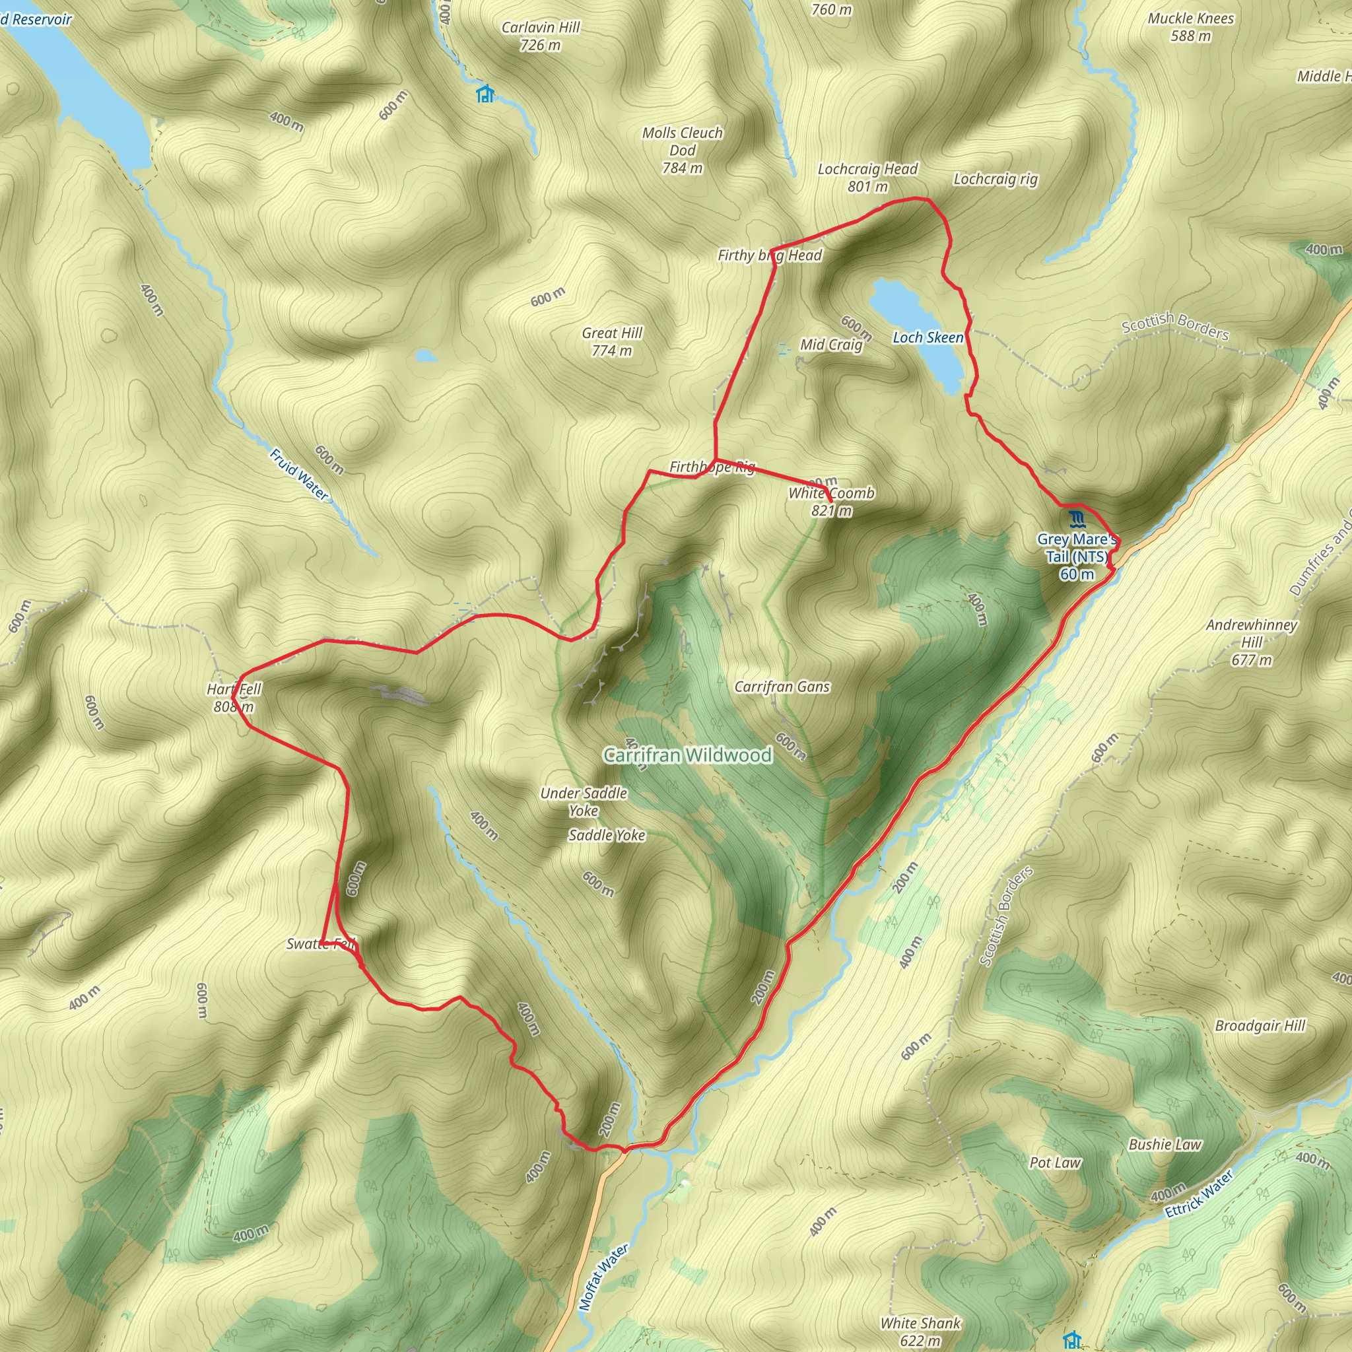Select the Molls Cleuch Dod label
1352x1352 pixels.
pos(683,150)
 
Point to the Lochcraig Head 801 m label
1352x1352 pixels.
pos(867,177)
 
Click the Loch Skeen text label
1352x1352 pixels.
pos(928,337)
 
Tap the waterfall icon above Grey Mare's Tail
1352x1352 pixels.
pos(1076,518)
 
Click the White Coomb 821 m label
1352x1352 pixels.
pos(831,501)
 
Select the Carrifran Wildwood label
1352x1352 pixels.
pos(688,755)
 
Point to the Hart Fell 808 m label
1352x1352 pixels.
pos(234,698)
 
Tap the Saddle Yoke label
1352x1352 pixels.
pos(607,835)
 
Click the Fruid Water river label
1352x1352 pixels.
pos(299,475)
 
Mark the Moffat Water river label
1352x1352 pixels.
pos(604,1277)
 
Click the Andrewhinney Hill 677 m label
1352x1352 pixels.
pos(1251,642)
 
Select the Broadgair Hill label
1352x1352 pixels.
pos(1260,1026)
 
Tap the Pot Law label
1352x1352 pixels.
pos(1054,1163)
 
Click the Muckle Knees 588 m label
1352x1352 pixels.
pos(1190,26)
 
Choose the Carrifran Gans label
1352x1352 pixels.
pos(782,687)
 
